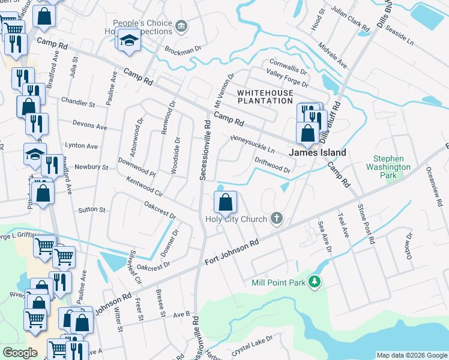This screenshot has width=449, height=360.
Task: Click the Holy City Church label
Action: coord(239,219)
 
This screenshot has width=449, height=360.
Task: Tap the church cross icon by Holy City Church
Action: coord(277,218)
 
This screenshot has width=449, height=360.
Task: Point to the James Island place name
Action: coord(318,153)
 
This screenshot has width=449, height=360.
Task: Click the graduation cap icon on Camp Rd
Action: coord(128,40)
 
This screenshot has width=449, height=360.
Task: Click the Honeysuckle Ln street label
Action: coord(252,144)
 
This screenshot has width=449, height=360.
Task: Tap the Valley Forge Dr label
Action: coord(287,78)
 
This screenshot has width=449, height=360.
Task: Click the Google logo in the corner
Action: coord(20,353)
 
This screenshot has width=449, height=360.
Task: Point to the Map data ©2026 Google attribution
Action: coord(411,355)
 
